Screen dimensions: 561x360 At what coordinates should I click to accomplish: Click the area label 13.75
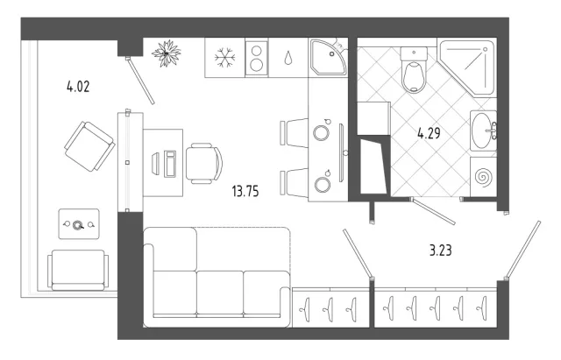tap(245, 191)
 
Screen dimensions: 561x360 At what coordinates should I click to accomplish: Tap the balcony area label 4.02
tap(78, 87)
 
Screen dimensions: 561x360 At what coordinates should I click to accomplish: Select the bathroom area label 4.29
tap(429, 133)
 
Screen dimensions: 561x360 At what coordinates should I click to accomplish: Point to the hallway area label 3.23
tap(440, 251)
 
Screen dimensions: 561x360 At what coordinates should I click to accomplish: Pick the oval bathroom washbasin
tap(484, 131)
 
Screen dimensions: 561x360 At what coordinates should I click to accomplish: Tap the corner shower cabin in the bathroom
tap(466, 68)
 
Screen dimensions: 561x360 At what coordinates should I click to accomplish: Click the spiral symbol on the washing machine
tap(484, 177)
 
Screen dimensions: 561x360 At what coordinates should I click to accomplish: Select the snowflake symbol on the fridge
tap(224, 58)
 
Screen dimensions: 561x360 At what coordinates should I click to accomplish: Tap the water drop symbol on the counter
tap(288, 58)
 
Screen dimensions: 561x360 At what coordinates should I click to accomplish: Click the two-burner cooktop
tap(257, 58)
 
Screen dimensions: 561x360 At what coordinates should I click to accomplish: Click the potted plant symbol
tap(166, 53)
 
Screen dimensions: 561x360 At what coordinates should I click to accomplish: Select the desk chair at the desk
tap(204, 164)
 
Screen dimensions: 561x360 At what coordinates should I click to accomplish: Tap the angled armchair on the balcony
tap(89, 146)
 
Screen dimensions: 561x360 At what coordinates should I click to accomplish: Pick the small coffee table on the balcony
tap(79, 224)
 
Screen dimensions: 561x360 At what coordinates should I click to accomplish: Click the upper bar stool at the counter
tap(294, 132)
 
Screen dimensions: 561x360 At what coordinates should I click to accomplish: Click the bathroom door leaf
tap(433, 212)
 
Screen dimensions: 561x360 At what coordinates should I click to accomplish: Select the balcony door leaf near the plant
tap(140, 81)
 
